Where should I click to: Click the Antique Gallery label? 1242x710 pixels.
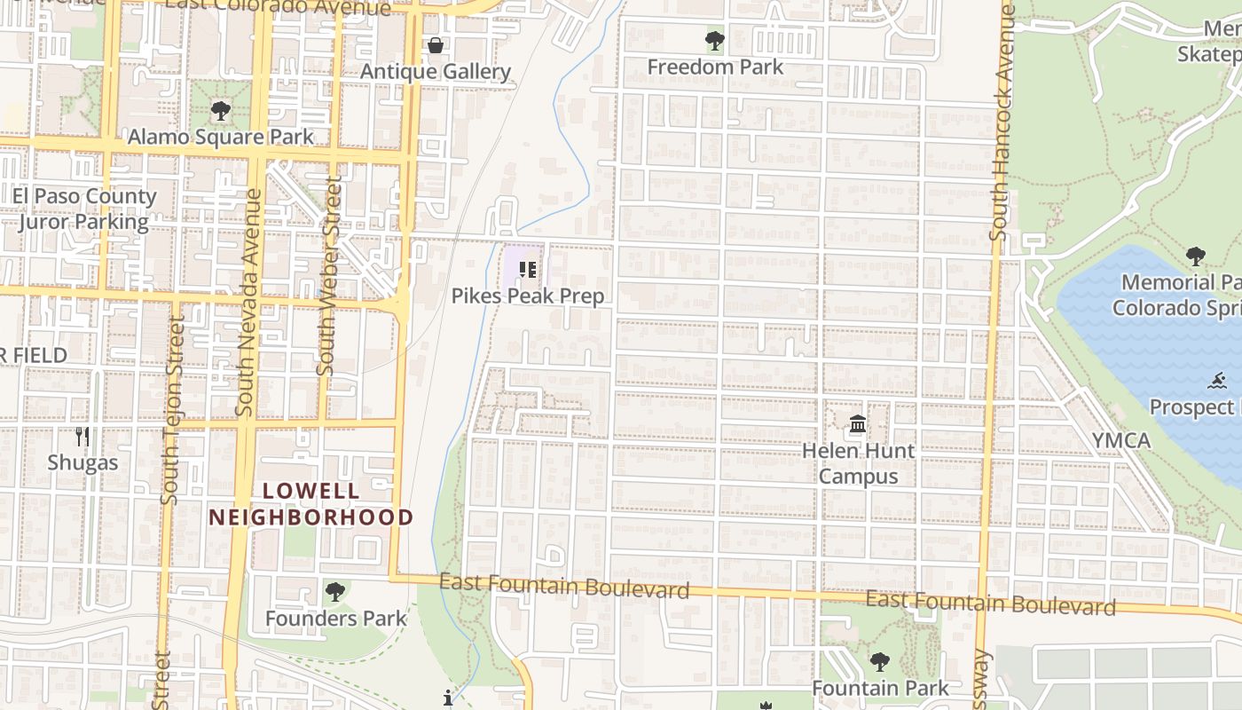click(436, 72)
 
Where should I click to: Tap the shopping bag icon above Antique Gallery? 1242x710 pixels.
click(436, 45)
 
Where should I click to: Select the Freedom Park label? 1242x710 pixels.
click(715, 67)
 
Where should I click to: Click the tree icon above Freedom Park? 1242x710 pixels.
click(714, 41)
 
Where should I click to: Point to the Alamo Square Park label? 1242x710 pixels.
click(221, 137)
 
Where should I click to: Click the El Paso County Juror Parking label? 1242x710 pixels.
click(84, 209)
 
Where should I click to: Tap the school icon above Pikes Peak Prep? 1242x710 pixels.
click(528, 269)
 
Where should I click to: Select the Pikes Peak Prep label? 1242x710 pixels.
click(528, 296)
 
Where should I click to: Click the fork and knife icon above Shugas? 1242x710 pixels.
click(83, 436)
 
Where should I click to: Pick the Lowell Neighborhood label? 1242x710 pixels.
click(310, 504)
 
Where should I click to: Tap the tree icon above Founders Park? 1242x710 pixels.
click(334, 592)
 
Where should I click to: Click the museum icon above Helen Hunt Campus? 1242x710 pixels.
click(858, 424)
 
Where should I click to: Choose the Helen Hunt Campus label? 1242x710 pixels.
click(858, 463)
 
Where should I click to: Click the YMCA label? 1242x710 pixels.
click(1121, 440)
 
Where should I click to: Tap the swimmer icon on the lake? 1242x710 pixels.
click(1217, 382)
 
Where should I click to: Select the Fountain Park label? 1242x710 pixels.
click(880, 688)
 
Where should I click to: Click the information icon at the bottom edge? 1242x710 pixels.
click(448, 698)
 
